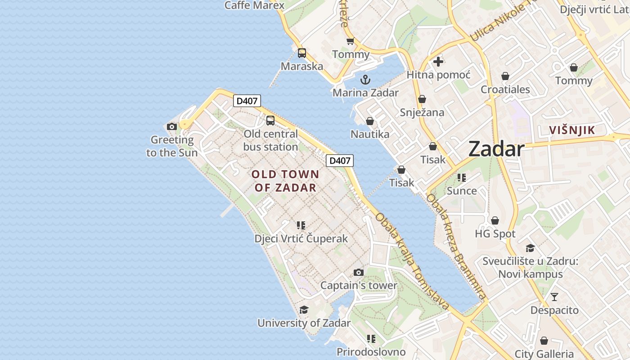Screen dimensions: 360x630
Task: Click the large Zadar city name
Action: pyautogui.click(x=496, y=149)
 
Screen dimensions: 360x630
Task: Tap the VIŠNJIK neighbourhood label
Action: pyautogui.click(x=572, y=130)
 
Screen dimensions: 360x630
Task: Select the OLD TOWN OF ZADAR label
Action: pyautogui.click(x=285, y=181)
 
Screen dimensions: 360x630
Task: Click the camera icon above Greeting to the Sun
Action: pyautogui.click(x=171, y=127)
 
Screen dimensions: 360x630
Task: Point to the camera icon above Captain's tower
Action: pyautogui.click(x=359, y=272)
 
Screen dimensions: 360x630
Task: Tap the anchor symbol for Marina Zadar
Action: pyautogui.click(x=365, y=80)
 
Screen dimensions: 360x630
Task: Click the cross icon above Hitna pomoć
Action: pyautogui.click(x=438, y=62)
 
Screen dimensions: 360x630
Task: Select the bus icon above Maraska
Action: pyautogui.click(x=302, y=53)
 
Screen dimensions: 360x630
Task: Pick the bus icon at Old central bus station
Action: pyautogui.click(x=270, y=121)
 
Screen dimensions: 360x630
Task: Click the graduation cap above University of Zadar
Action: pyautogui.click(x=304, y=310)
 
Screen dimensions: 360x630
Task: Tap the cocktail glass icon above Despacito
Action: pyautogui.click(x=554, y=297)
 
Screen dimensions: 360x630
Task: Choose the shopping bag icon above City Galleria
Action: pyautogui.click(x=544, y=341)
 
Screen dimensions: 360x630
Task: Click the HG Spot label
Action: pyautogui.click(x=495, y=234)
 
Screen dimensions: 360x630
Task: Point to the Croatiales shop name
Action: pyautogui.click(x=505, y=90)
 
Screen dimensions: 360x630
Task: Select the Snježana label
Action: pyautogui.click(x=422, y=112)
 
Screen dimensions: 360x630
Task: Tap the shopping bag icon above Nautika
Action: pyautogui.click(x=370, y=121)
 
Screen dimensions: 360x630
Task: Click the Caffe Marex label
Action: pyautogui.click(x=254, y=5)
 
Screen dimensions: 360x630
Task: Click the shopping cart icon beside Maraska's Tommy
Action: pyautogui.click(x=350, y=41)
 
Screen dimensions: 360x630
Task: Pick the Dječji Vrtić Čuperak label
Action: pyautogui.click(x=301, y=238)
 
